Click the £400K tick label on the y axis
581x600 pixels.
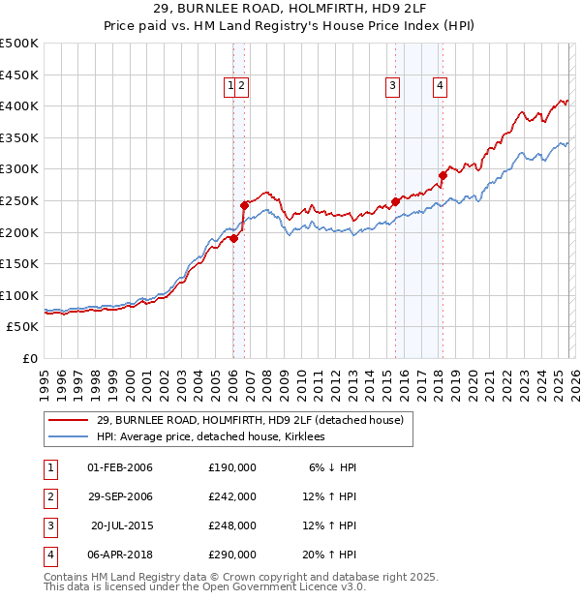pyautogui.click(x=19, y=105)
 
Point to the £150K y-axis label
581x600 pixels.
pyautogui.click(x=19, y=263)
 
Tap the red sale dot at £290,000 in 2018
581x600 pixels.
pyautogui.click(x=443, y=175)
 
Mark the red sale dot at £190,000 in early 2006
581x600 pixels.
pyautogui.click(x=233, y=238)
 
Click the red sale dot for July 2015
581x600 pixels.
pyautogui.click(x=396, y=201)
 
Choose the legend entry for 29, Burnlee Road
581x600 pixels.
pyautogui.click(x=256, y=419)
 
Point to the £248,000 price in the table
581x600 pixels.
pyautogui.click(x=232, y=525)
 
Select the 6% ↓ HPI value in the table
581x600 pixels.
pyautogui.click(x=332, y=467)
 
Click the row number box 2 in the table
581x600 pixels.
pyautogui.click(x=49, y=496)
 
